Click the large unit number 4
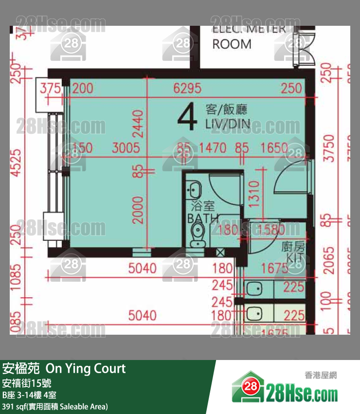click(187, 117)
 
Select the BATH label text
click(203, 218)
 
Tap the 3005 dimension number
click(126, 148)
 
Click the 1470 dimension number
click(214, 148)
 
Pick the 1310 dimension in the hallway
click(252, 191)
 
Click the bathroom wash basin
click(195, 188)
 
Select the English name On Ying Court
click(86, 369)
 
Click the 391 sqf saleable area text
click(55, 406)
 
